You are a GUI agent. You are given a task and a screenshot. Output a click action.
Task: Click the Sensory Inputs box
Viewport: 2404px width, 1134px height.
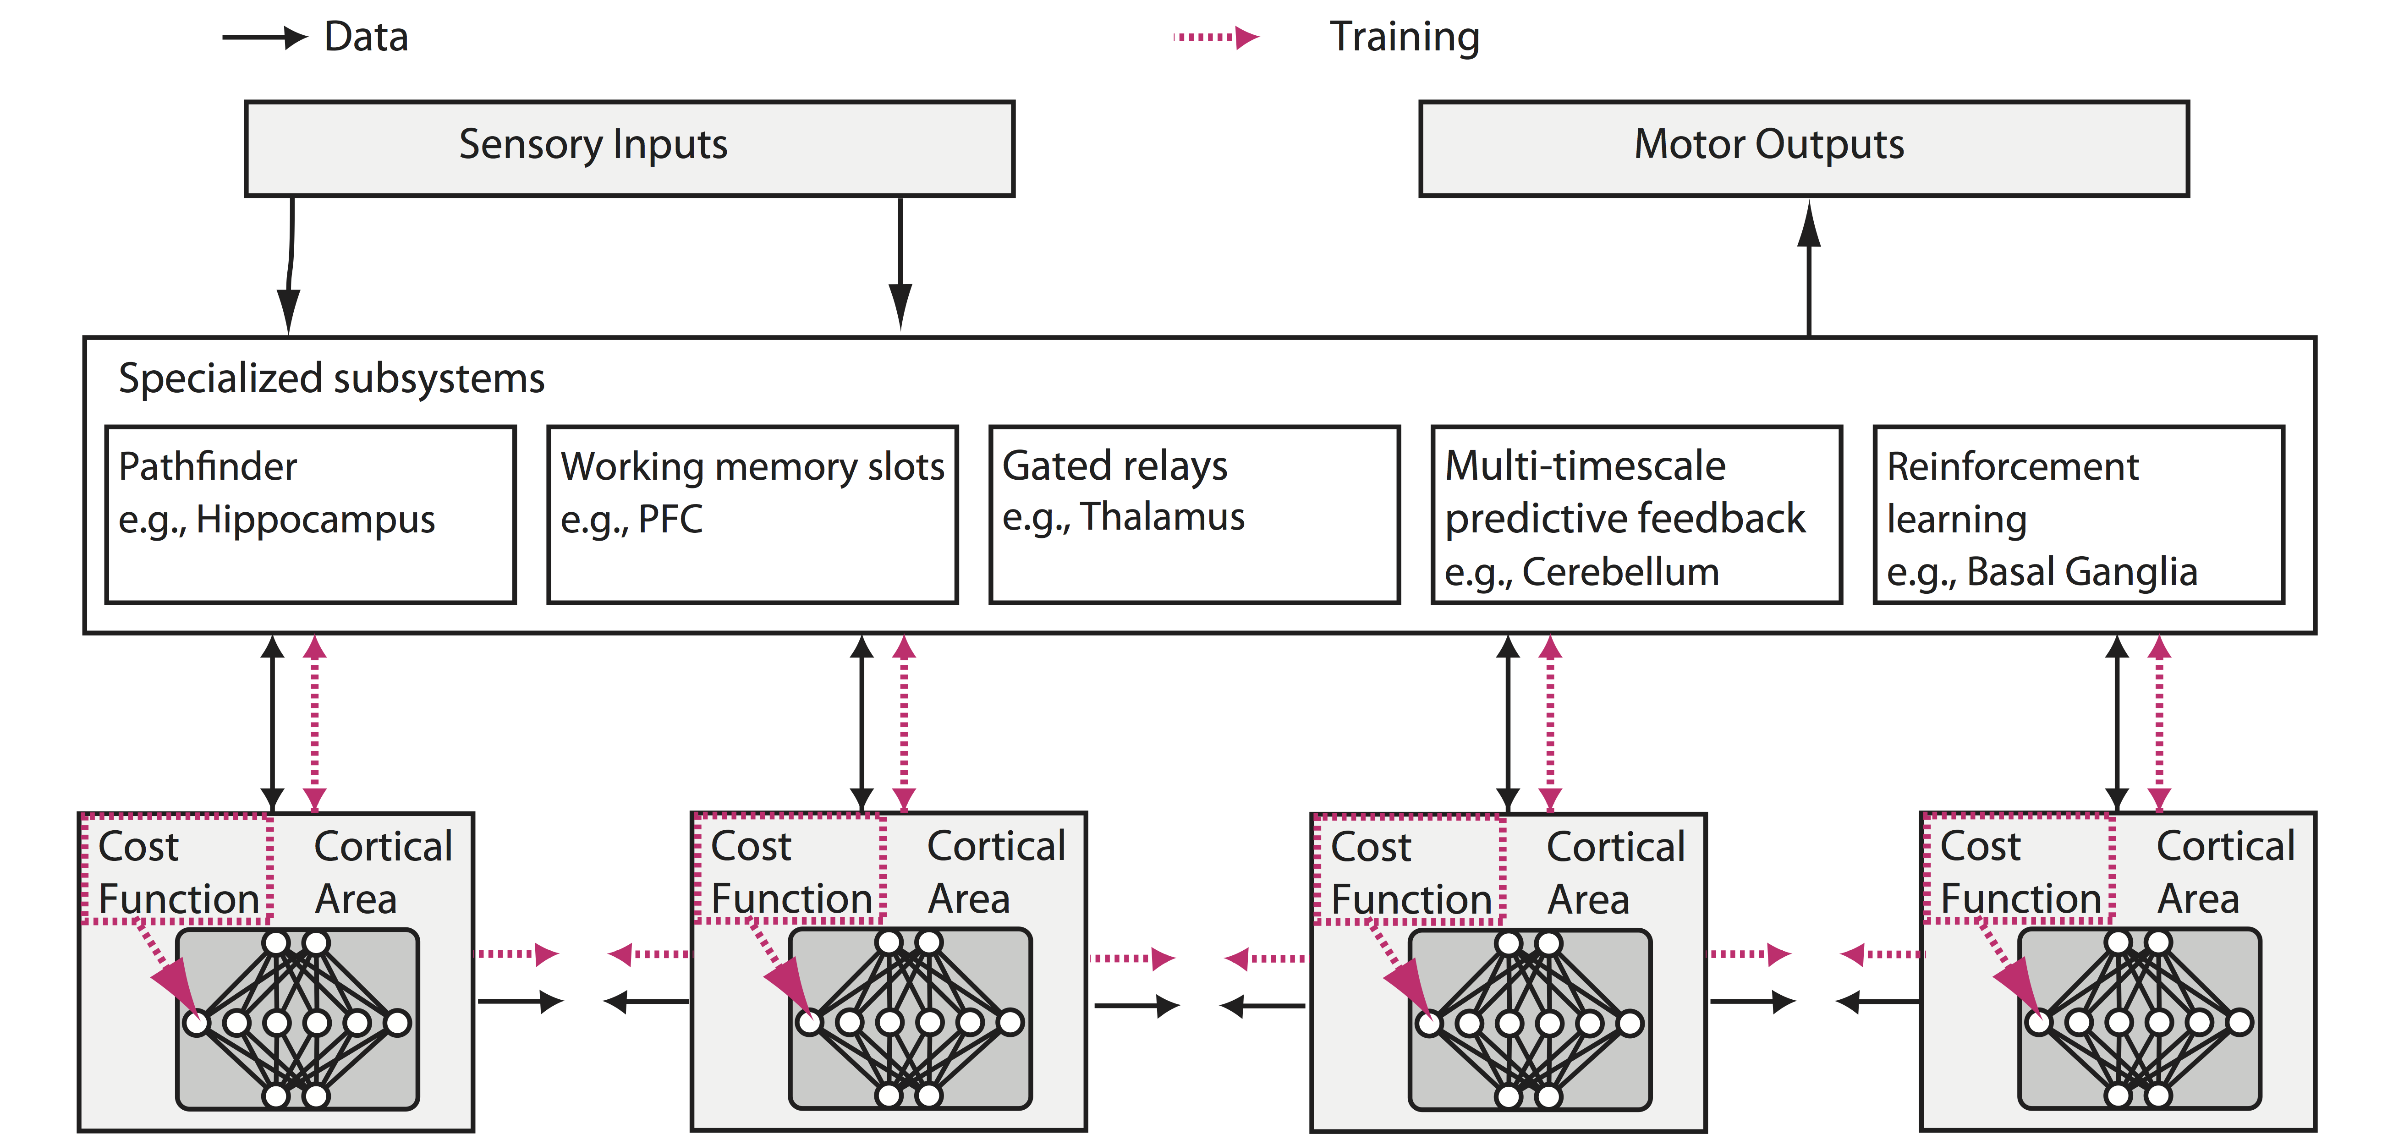[x=629, y=148]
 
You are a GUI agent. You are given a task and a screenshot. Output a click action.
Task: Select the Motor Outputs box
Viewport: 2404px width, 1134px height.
[x=1803, y=148]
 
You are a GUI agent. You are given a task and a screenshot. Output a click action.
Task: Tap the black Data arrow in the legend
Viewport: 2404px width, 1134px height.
[x=264, y=37]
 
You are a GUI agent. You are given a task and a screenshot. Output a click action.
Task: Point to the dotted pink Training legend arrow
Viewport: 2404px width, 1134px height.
[x=1215, y=37]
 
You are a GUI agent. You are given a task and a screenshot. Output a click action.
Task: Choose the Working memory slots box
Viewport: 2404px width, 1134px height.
[x=752, y=514]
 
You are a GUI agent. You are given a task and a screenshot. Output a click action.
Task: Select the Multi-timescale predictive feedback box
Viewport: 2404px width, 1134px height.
[x=1636, y=514]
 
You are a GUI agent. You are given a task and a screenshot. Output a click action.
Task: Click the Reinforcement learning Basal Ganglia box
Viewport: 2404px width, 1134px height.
[x=2078, y=514]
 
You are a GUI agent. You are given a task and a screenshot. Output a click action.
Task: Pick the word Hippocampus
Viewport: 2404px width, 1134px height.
[x=315, y=519]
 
